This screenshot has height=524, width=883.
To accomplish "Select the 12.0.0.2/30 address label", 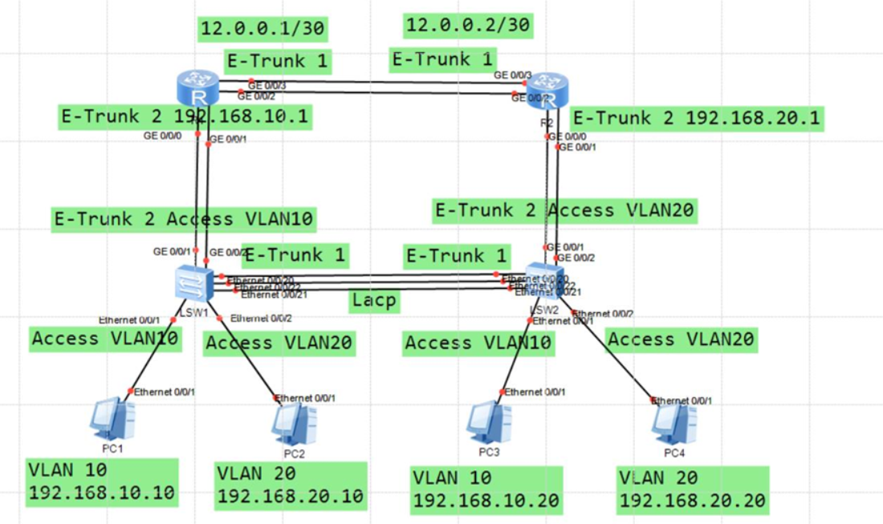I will pos(468,26).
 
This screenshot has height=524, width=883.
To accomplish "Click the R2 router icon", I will pos(550,90).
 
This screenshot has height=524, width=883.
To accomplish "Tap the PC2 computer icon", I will pos(292,423).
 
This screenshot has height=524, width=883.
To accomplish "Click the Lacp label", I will pos(373,301).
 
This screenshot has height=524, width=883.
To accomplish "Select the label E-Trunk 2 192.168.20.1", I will pos(698,118).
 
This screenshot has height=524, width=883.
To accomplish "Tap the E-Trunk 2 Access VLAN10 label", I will pos(184,219).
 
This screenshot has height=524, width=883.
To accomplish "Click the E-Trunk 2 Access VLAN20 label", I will pos(565,211).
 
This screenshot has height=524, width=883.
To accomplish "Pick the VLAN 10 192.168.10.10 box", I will pos(102,481).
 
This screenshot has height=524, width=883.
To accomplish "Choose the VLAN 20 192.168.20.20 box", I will pos(693,490).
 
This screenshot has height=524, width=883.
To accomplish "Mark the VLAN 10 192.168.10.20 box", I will pos(486,490).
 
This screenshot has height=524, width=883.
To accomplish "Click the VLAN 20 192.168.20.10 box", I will pos(291,485).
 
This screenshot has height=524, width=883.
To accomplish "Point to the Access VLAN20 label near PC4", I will pos(682,339).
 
